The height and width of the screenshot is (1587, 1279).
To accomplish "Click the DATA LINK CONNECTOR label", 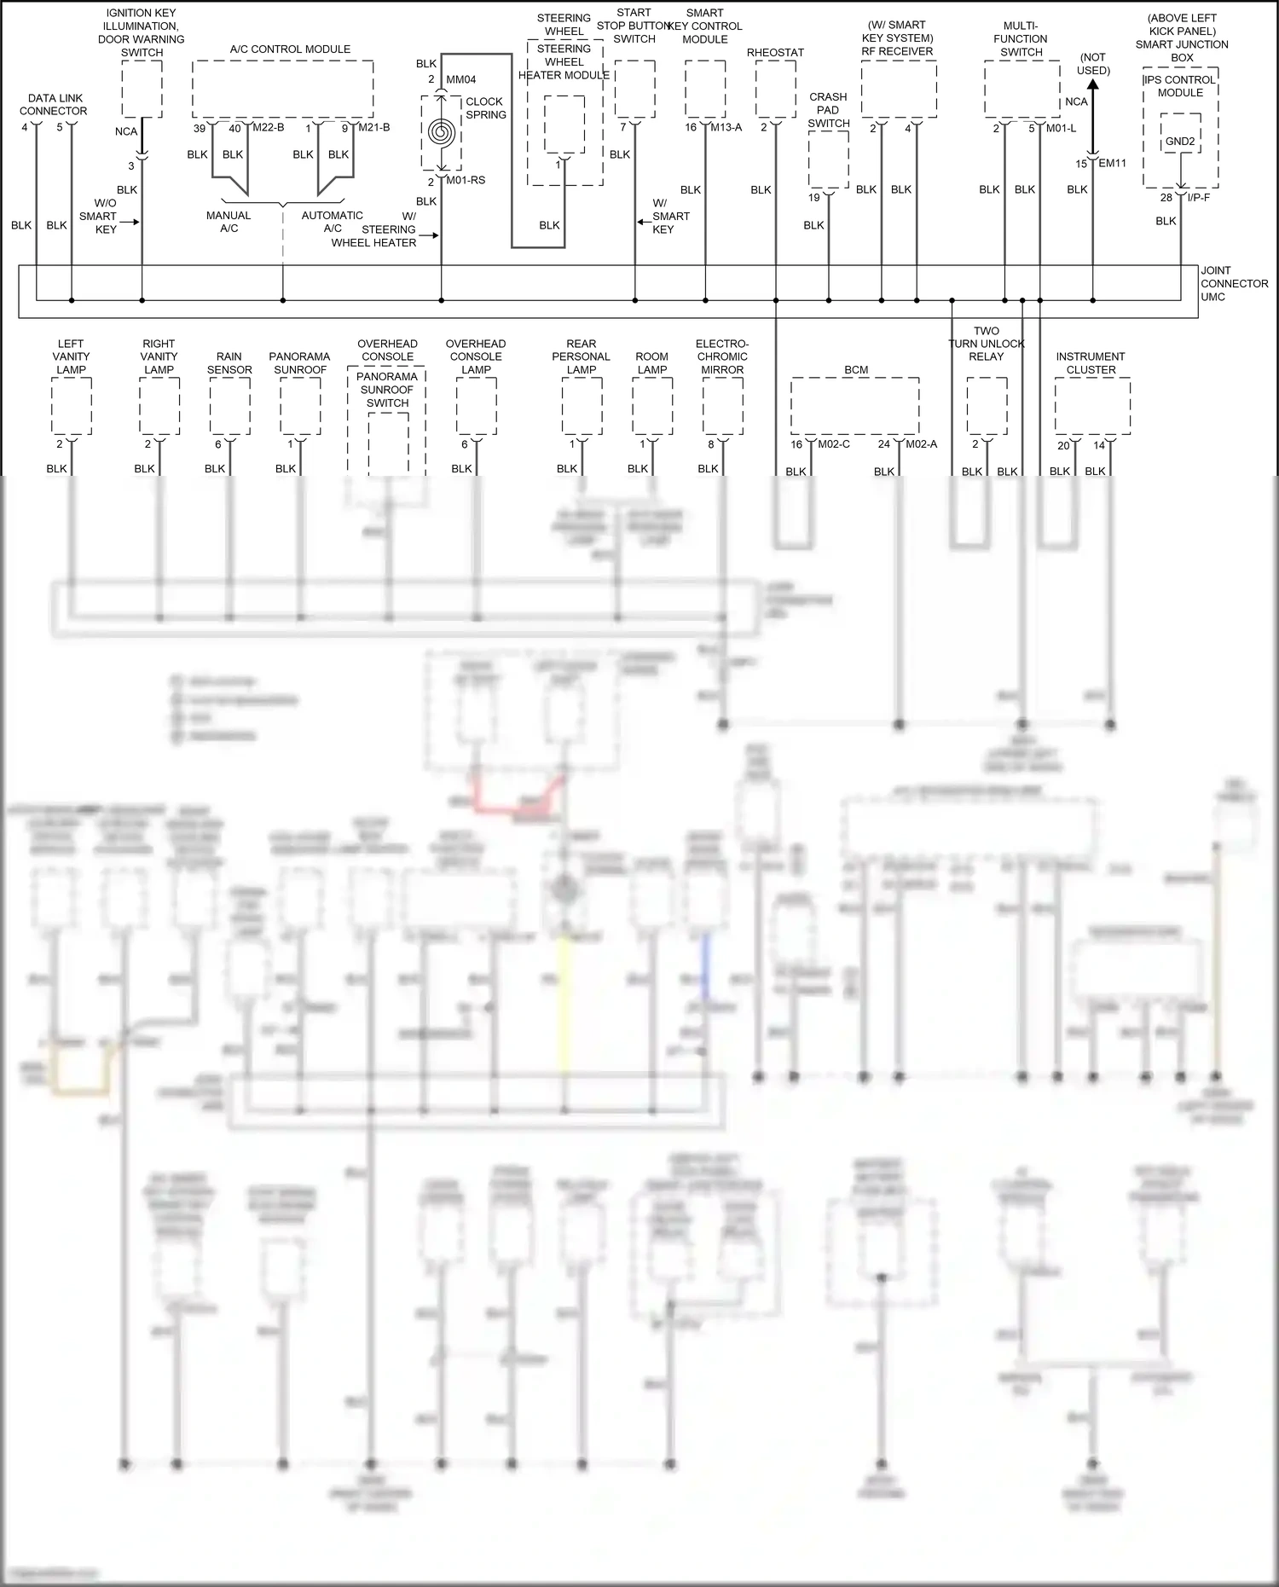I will [53, 105].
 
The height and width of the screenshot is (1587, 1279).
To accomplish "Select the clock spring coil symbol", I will [441, 132].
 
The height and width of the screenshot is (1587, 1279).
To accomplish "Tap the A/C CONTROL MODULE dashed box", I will [282, 89].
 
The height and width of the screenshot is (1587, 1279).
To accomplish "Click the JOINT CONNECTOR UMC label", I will [1234, 283].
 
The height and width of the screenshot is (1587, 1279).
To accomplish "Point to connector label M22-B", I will [269, 128].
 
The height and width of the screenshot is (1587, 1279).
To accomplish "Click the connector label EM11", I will [1112, 163].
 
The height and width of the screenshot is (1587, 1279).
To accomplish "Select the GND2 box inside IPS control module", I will [1180, 142].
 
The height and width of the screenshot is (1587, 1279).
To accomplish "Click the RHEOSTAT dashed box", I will [775, 89].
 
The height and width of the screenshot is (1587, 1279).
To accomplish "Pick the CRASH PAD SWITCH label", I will [828, 110].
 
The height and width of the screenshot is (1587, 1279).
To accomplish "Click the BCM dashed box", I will [854, 405].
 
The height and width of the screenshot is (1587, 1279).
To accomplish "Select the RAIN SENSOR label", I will [229, 363].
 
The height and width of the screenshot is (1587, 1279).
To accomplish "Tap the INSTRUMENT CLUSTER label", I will [1091, 363].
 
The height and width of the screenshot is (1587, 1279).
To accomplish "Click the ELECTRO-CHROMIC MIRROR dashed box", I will [722, 405].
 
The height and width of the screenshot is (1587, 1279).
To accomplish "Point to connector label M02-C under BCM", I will [833, 444].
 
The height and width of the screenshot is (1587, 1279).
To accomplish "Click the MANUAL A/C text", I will [229, 222].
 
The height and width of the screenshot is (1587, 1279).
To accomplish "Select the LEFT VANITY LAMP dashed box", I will [71, 405].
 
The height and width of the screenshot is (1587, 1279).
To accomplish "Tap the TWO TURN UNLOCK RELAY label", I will [986, 344].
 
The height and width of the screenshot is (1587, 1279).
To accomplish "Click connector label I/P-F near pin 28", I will [1198, 198].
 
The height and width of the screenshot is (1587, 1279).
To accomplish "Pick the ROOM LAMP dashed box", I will [651, 405].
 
